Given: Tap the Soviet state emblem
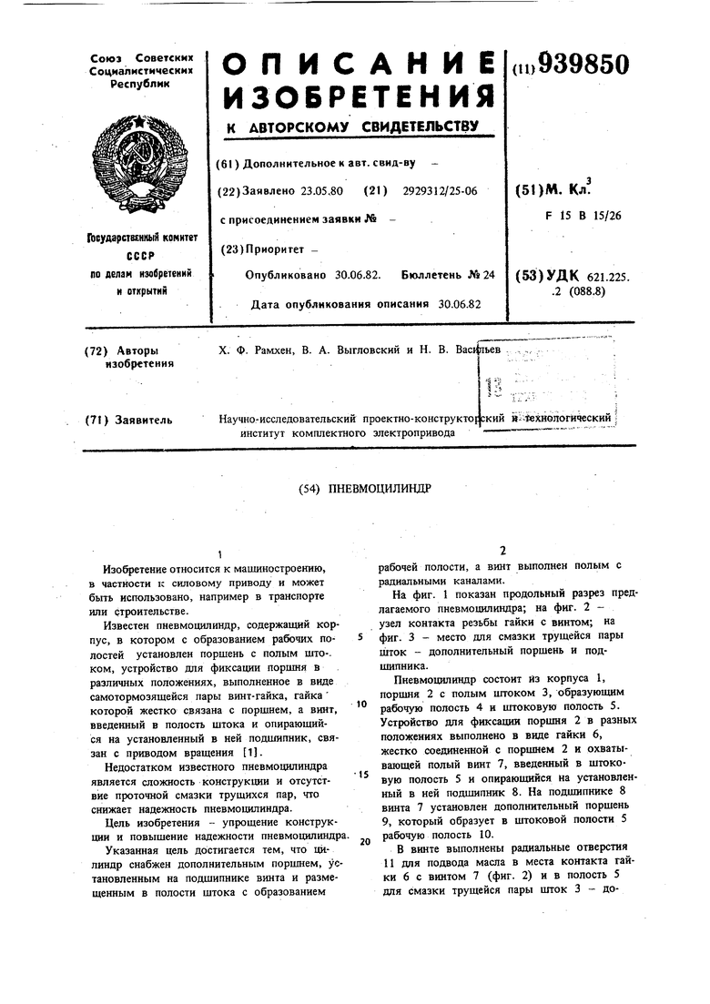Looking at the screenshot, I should pos(140,158).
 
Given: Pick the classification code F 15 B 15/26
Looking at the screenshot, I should pos(582,216).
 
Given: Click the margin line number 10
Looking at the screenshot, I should pos(361,704).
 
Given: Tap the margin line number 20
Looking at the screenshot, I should pos(364,841).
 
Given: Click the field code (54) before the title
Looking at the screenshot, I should pos(310,488).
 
